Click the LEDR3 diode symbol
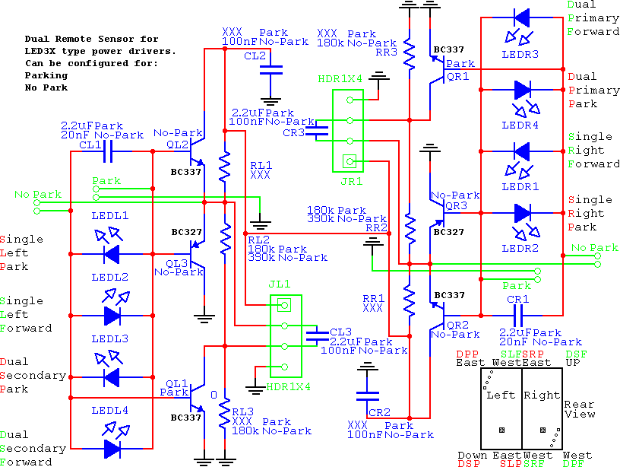[x=522, y=17]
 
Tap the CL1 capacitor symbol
[x=111, y=152]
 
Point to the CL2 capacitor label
[x=255, y=56]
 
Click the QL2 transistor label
[x=178, y=144]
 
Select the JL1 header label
[x=280, y=284]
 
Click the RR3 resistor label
[x=385, y=53]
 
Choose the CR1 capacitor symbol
[x=520, y=314]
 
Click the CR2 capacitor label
[x=379, y=411]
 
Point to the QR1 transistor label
[x=458, y=76]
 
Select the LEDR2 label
[x=520, y=248]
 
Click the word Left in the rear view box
[x=501, y=395]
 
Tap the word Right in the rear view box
[x=542, y=395]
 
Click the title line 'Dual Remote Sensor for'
[x=91, y=39]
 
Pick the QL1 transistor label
[x=176, y=383]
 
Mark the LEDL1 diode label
[x=110, y=215]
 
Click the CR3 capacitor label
[x=293, y=133]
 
